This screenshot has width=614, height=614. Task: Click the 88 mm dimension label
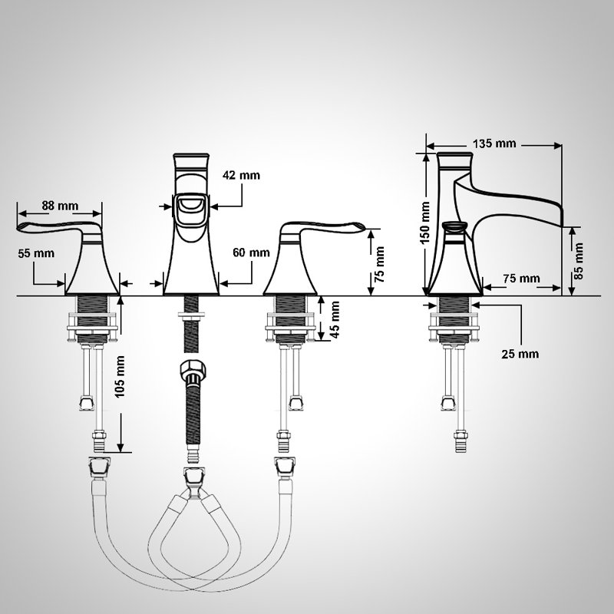(60, 206)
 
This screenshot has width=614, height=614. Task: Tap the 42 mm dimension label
(241, 175)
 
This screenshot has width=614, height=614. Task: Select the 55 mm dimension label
(36, 253)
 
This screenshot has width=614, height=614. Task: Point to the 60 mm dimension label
(251, 253)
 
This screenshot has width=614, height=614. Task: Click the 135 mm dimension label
(494, 144)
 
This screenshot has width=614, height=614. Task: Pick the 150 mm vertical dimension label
(425, 223)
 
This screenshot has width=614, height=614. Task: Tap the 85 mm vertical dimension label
(579, 261)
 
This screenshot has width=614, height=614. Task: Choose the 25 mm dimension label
(520, 354)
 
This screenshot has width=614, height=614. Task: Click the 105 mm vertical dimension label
(120, 377)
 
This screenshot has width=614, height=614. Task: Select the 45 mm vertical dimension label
(335, 319)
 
